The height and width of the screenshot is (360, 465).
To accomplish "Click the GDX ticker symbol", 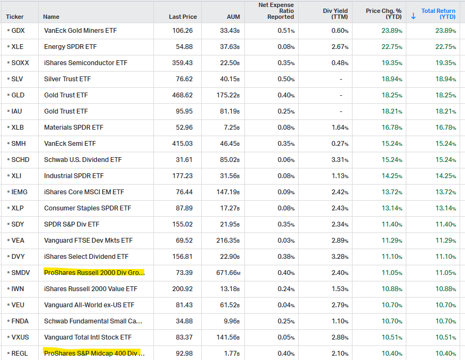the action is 18,31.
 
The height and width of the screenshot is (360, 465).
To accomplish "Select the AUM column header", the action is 234,17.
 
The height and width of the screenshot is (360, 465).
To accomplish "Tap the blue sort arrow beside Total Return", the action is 413,16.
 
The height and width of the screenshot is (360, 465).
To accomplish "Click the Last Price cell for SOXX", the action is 182,63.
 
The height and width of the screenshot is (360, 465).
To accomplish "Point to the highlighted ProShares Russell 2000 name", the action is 94,272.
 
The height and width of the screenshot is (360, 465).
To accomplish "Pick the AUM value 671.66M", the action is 228,273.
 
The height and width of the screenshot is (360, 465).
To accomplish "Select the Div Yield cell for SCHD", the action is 340,160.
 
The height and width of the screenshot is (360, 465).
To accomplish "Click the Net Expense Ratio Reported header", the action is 276,11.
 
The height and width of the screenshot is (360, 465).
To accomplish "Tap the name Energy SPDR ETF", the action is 71,47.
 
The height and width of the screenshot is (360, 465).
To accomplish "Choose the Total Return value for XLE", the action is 446,47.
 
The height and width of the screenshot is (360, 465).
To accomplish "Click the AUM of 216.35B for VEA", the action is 228,241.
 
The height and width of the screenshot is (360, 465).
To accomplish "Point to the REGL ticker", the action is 19,354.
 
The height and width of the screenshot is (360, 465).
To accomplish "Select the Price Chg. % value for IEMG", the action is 392,192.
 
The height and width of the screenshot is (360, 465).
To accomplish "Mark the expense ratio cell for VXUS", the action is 286,337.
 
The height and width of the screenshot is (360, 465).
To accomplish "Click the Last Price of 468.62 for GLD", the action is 182,95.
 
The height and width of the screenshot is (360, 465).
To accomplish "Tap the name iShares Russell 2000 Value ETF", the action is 91,289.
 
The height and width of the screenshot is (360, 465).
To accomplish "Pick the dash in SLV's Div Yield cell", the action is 341,79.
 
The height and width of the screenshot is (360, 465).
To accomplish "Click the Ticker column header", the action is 15,17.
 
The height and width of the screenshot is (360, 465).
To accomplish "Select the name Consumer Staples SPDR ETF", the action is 88,208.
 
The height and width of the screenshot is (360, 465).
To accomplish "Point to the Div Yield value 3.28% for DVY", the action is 340,257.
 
